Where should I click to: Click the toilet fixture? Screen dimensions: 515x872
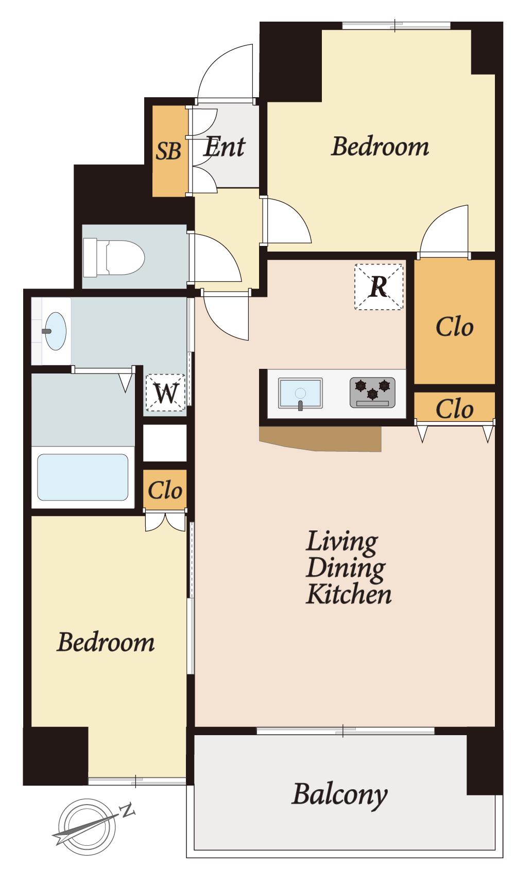point(114,258)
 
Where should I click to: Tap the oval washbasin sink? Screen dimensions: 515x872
point(55,331)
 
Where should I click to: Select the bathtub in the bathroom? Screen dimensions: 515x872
point(82,477)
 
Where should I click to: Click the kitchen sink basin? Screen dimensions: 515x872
point(300,393)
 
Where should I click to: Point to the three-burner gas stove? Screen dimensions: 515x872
point(372,393)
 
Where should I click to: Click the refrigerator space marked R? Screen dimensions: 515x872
point(379,287)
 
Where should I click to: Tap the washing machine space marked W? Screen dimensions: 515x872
point(165,393)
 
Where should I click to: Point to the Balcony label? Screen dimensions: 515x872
point(340,794)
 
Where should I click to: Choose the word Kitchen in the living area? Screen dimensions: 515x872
point(349,594)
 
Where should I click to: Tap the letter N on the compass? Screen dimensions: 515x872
point(127,810)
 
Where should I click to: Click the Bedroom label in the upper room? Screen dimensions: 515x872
point(380,147)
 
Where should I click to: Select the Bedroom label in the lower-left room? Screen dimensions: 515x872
point(106,642)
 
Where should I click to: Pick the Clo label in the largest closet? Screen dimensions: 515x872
point(455,327)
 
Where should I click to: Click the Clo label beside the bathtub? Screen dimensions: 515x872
point(165,490)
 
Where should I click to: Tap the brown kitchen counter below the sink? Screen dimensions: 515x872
point(320,439)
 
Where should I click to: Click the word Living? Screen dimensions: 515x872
point(341,542)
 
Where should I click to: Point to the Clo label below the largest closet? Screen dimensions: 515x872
point(455,409)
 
